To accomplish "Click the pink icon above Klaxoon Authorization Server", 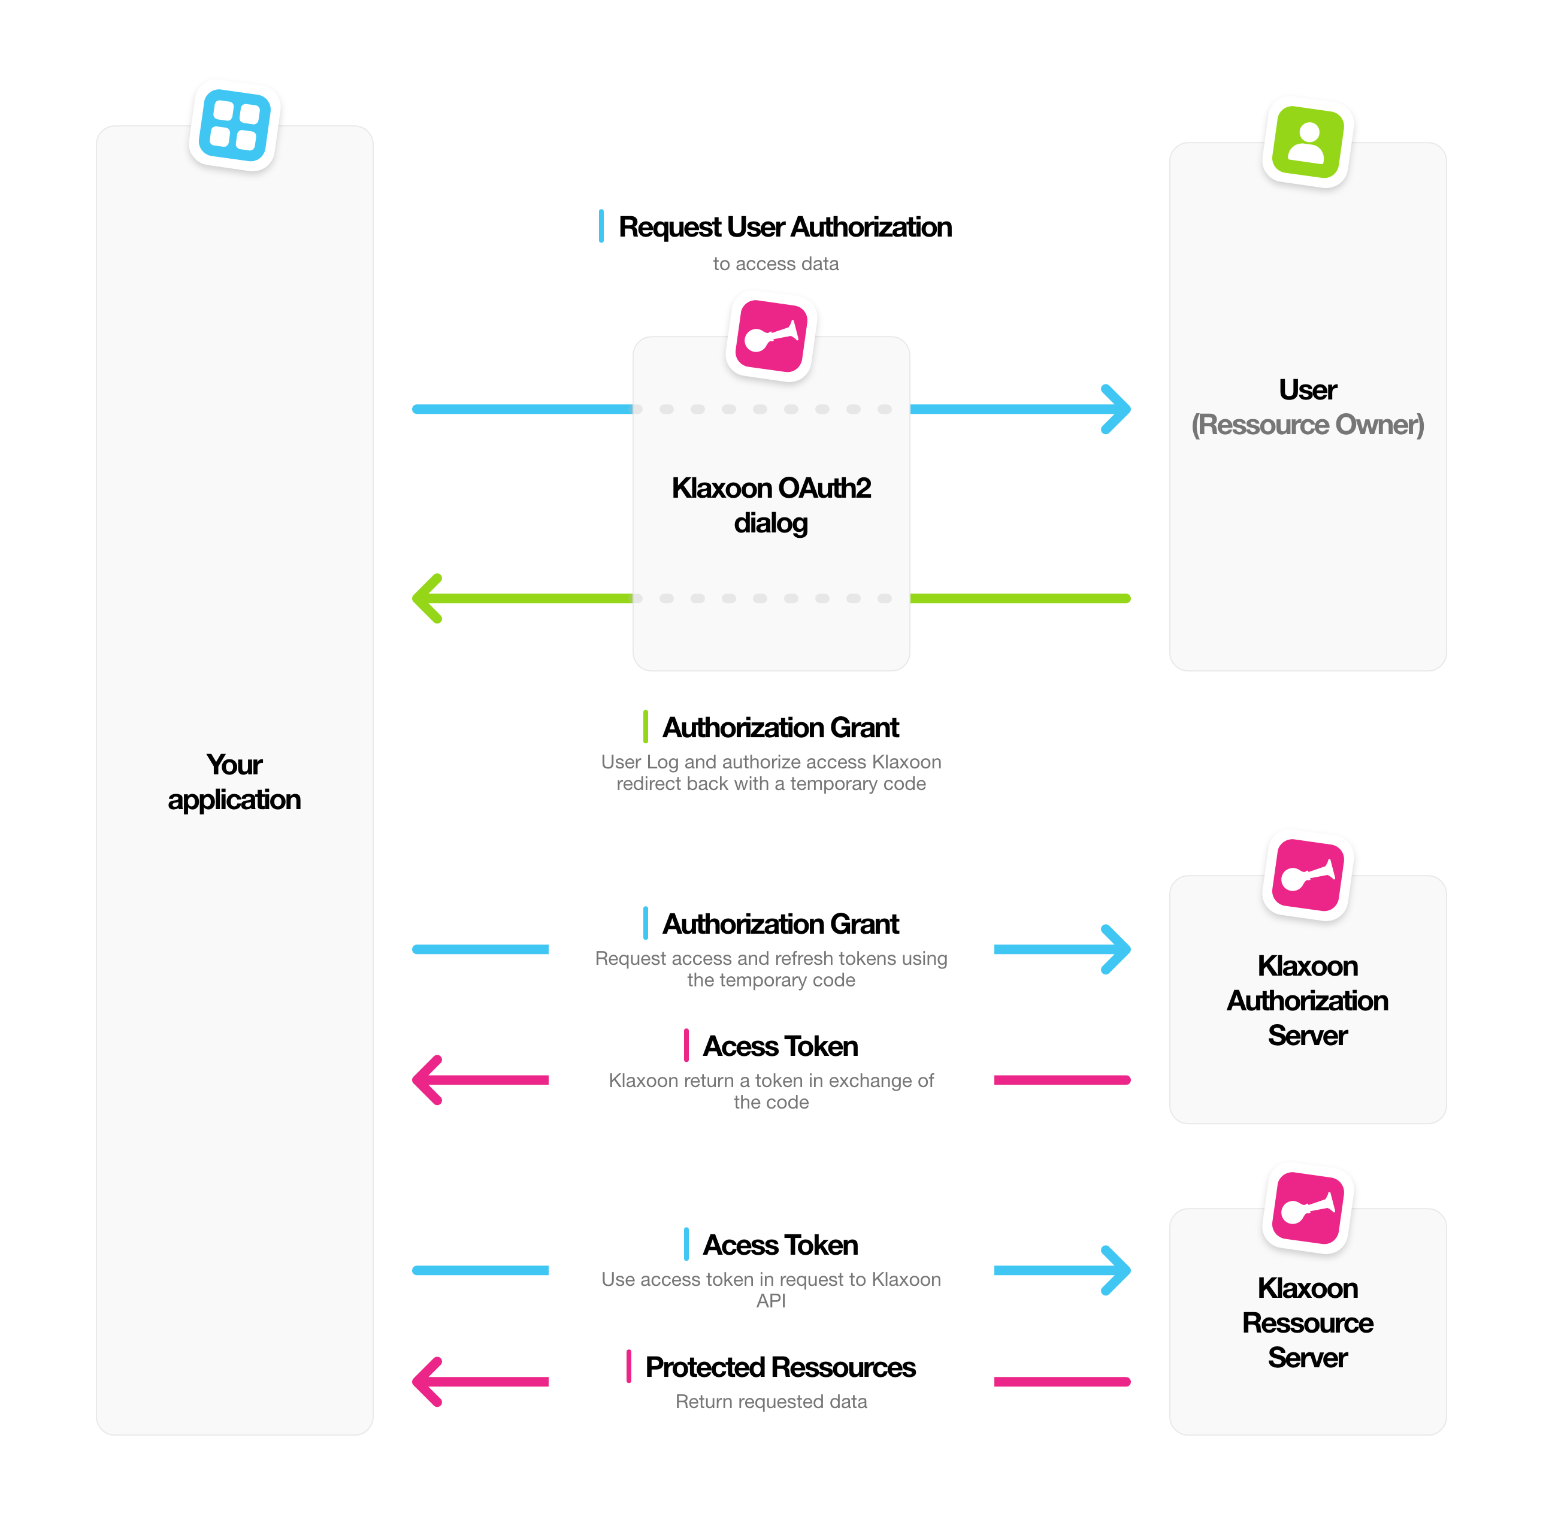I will click(1308, 876).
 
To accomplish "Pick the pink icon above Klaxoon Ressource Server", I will click(1308, 1209).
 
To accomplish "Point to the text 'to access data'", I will click(776, 264).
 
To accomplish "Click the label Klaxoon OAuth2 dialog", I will click(771, 505).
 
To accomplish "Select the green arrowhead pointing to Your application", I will click(426, 598).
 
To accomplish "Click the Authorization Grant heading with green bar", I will click(780, 728).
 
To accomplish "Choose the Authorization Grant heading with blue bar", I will click(780, 924).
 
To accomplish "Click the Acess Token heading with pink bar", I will click(780, 1046).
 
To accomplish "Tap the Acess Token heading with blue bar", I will click(780, 1245).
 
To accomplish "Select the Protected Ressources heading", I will click(780, 1367).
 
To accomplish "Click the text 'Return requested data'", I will click(771, 1402).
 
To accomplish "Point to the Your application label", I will click(234, 782).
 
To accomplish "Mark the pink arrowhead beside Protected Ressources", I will click(426, 1382).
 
